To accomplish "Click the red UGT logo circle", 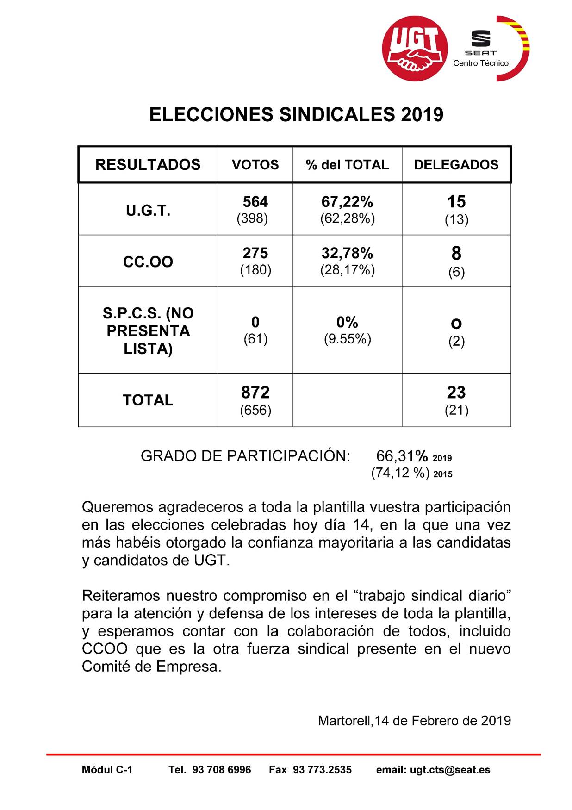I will [415, 49].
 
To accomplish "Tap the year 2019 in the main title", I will [422, 115].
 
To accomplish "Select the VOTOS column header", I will [255, 165].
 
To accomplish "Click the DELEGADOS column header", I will [456, 165].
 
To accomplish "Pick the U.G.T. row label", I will [148, 211].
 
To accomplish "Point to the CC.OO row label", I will [148, 262].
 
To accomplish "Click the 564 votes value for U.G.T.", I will [255, 202].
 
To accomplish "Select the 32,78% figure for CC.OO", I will [347, 253].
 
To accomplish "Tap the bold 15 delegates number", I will [456, 202].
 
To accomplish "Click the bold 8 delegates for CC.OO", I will [456, 254].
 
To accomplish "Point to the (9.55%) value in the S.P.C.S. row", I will [347, 339].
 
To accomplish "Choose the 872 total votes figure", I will [255, 393].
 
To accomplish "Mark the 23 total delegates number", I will [456, 393].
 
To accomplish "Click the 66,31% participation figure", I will [402, 456].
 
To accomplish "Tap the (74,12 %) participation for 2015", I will [400, 473].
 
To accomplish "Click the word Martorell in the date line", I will [345, 721].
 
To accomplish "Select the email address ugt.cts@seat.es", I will [450, 770].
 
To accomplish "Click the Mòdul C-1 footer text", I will [107, 770].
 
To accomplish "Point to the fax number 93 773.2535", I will [322, 770].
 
